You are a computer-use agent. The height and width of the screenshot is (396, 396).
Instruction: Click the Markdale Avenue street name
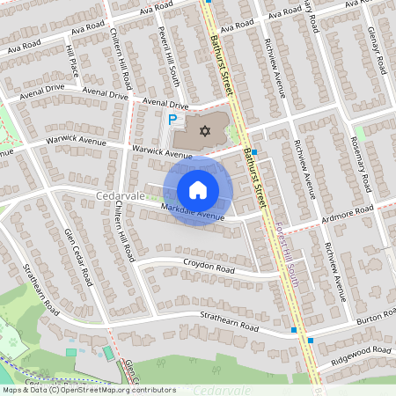coord(193,211)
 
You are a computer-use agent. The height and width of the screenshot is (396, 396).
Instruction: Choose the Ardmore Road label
coord(349,213)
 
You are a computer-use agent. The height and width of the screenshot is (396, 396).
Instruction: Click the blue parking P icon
coord(173,119)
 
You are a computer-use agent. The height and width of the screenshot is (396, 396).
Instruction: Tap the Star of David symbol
coord(205,132)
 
